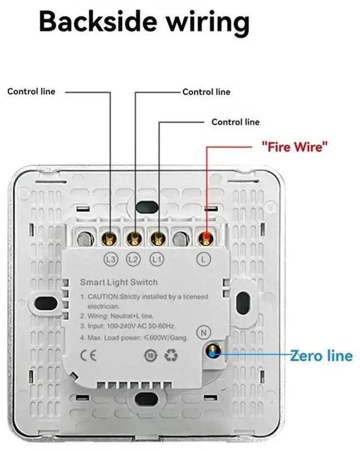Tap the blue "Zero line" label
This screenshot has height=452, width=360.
(321, 355)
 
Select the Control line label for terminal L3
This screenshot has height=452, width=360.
(31, 91)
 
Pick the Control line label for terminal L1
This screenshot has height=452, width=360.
(235, 121)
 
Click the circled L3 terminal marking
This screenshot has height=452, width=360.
(110, 259)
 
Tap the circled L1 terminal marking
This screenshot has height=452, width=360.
(157, 259)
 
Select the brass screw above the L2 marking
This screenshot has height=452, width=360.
(134, 238)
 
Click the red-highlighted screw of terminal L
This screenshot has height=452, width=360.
(205, 238)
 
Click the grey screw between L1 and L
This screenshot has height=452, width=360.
(181, 239)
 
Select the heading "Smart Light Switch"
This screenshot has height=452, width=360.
(119, 282)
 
